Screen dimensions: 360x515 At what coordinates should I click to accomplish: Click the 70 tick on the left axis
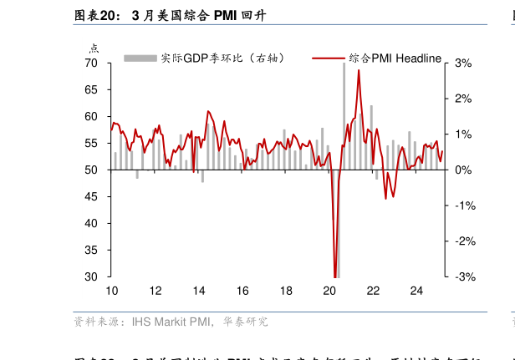click(91, 63)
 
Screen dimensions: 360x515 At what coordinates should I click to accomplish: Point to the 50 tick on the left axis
click(91, 170)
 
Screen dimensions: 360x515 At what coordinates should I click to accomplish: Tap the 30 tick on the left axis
click(91, 277)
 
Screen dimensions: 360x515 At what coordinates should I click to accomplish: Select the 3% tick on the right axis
click(463, 63)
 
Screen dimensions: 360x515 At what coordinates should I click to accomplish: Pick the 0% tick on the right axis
click(463, 170)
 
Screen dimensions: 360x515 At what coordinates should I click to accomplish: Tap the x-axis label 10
click(111, 291)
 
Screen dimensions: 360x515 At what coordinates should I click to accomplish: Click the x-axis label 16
click(242, 291)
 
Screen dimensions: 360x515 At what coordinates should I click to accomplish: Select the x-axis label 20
click(329, 291)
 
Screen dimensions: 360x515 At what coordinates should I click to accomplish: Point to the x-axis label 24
click(416, 291)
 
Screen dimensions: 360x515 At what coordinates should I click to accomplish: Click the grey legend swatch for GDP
click(140, 58)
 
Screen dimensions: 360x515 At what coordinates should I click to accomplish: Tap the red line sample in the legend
click(329, 58)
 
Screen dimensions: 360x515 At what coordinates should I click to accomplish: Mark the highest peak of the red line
click(359, 70)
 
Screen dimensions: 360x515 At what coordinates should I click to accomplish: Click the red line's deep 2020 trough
click(335, 276)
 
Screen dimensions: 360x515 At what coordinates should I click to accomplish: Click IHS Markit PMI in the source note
click(171, 322)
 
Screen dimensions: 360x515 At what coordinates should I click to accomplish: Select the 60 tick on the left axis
click(91, 117)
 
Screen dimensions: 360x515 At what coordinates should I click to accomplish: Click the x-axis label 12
click(156, 291)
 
